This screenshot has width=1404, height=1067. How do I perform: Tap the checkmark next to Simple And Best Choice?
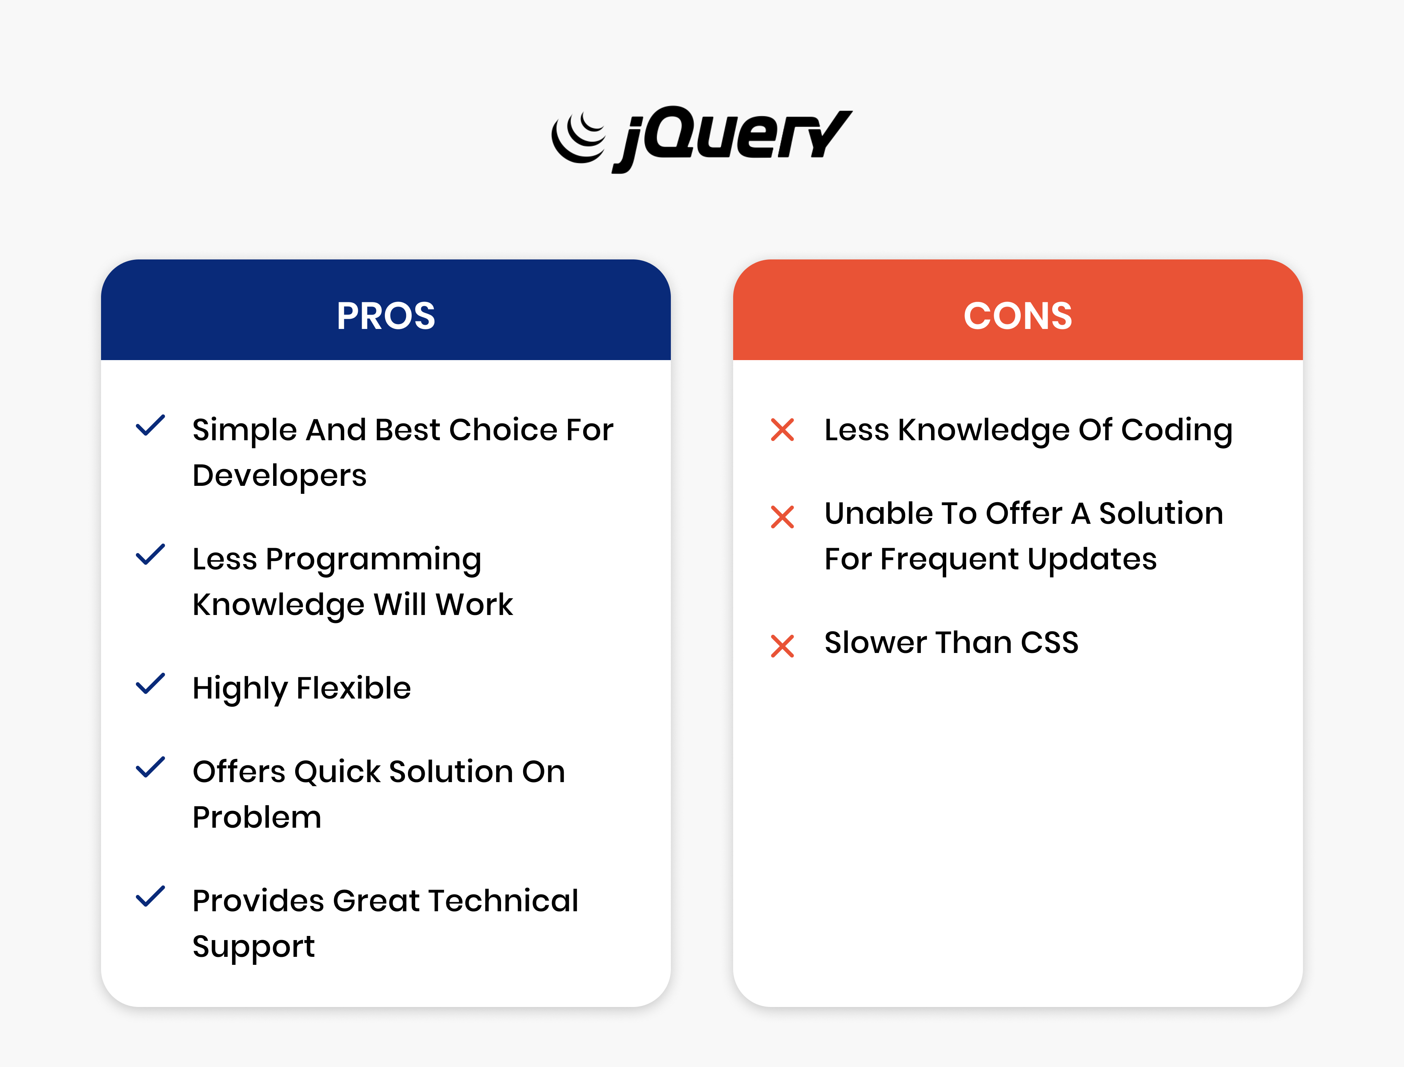[x=150, y=425]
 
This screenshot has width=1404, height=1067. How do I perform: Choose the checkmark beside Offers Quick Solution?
[x=150, y=767]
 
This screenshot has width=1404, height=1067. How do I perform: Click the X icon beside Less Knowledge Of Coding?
[x=782, y=430]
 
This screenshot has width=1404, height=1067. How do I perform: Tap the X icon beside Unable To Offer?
[x=782, y=517]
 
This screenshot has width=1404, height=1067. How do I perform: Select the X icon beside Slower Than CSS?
[x=782, y=646]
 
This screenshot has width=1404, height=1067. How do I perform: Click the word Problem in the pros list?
[x=257, y=817]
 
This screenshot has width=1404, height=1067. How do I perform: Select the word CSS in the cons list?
[x=1050, y=643]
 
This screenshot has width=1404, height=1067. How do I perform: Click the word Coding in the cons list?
[x=1177, y=431]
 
